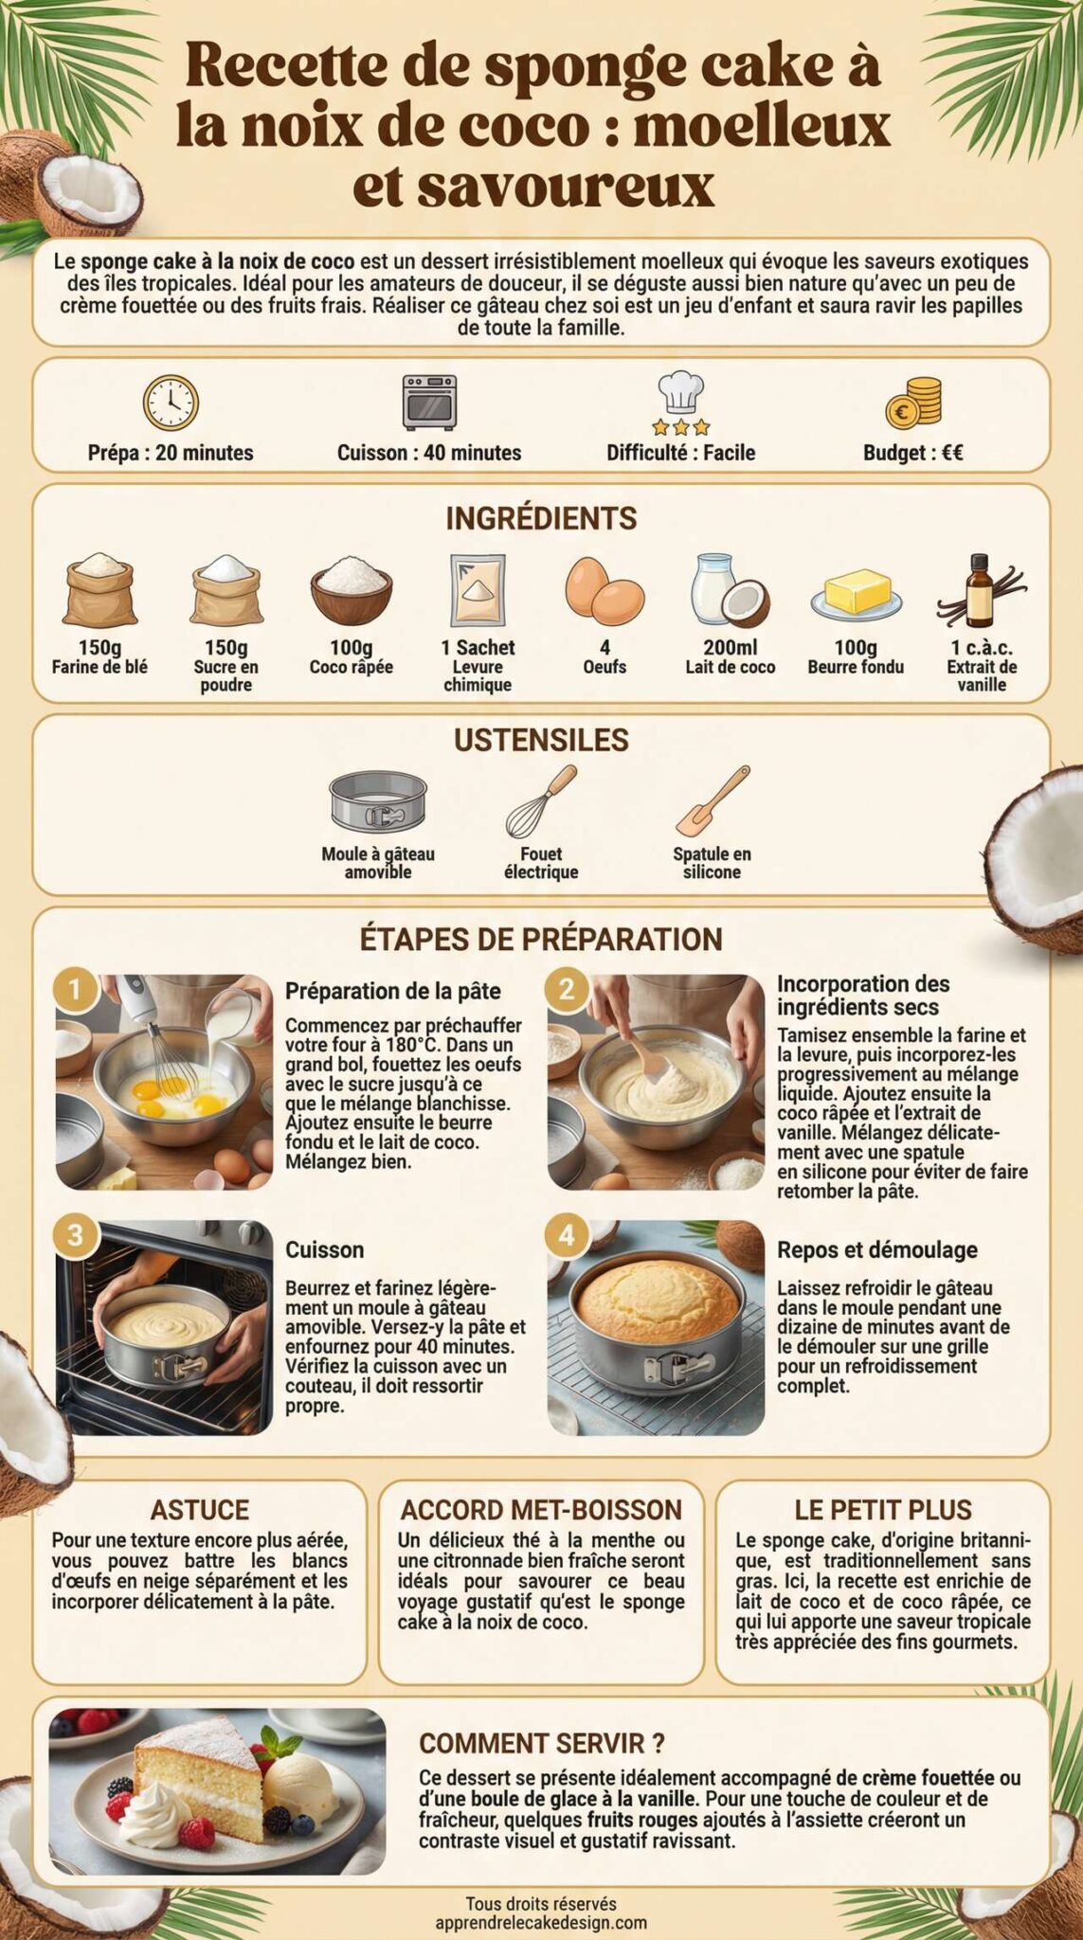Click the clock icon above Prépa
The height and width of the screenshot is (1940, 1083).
(171, 403)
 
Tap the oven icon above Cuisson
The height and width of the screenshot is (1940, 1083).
(429, 402)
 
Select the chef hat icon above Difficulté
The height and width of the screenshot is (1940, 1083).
(681, 402)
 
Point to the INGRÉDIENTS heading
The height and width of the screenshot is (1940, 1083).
(541, 518)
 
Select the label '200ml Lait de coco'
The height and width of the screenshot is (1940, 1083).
(730, 656)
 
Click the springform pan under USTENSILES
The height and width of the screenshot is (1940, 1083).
(378, 800)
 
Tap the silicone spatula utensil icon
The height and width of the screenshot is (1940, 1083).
(713, 800)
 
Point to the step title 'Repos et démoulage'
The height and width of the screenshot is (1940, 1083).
(876, 1249)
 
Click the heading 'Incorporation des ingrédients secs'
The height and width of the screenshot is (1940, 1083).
(862, 996)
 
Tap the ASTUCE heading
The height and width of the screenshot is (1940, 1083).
(199, 1510)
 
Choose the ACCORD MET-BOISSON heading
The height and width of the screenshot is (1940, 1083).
(541, 1510)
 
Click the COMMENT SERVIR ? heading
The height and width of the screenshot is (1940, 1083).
(541, 1743)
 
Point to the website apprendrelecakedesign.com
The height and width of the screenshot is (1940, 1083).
(541, 1923)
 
